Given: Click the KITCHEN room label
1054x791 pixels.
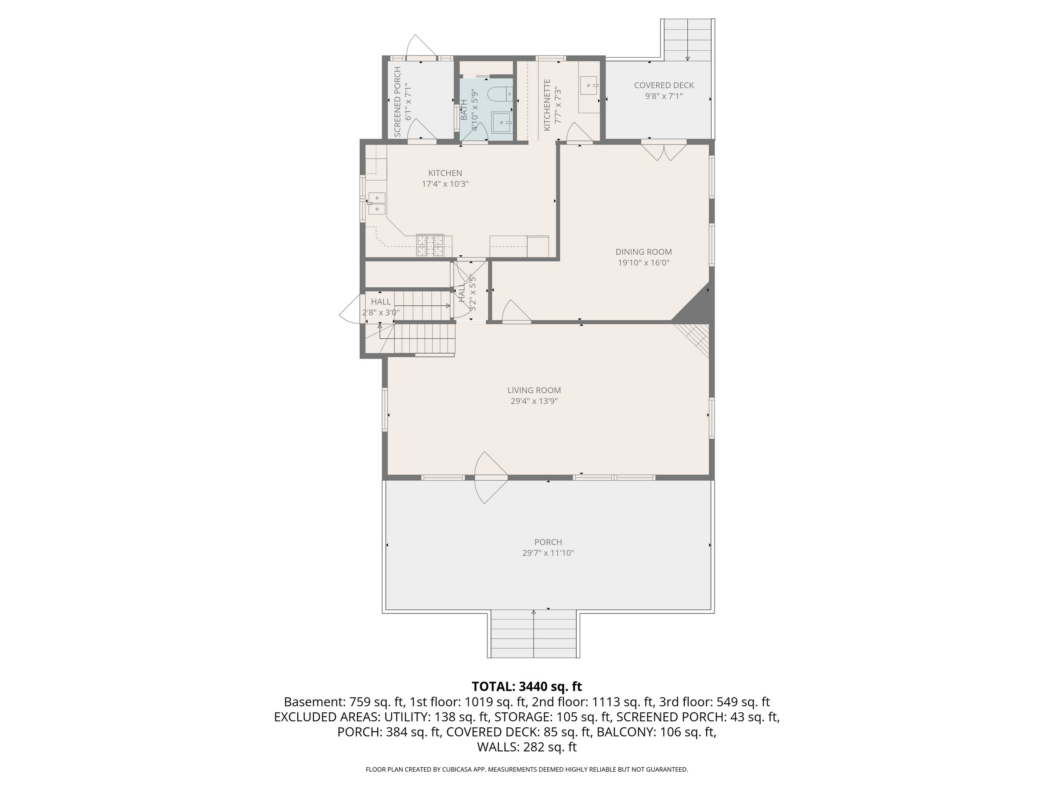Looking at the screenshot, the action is click(445, 173).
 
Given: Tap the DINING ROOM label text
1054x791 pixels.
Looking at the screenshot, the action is click(643, 252).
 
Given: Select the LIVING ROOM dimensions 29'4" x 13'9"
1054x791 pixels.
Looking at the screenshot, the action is click(534, 401).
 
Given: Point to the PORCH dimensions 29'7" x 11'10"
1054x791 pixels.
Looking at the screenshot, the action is click(548, 553).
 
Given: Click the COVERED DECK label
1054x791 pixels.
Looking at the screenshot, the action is click(664, 85).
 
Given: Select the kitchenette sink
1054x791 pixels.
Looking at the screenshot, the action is click(589, 86).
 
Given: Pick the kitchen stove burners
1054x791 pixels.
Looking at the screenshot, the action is click(430, 246).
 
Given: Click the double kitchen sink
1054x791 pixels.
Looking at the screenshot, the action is click(376, 203).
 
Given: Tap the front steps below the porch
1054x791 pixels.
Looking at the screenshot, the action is click(534, 634).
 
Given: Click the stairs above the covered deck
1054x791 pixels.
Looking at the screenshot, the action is click(687, 40).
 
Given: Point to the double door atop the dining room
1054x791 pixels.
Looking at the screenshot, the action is click(663, 150).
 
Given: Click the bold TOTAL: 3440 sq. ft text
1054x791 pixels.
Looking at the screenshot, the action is click(527, 686).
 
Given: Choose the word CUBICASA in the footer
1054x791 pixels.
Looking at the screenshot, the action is click(458, 769).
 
